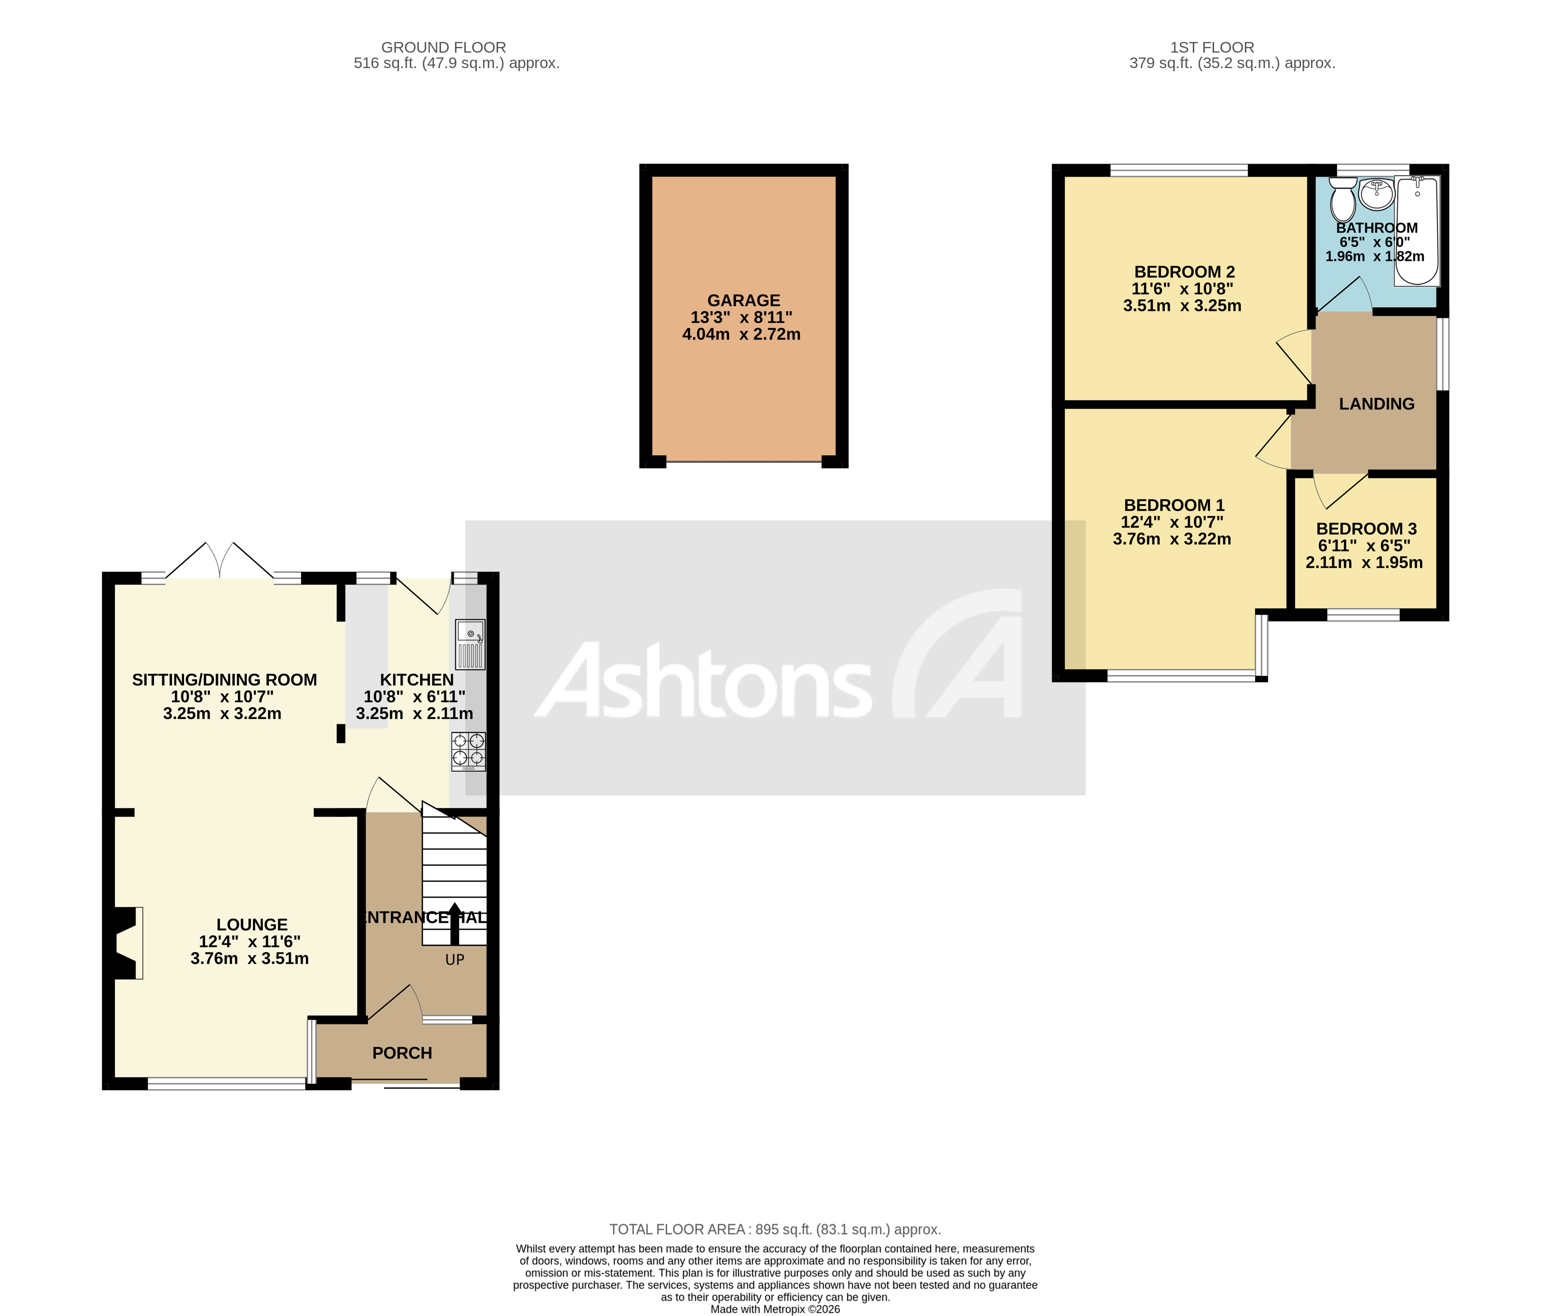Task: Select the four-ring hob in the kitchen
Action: coord(468,751)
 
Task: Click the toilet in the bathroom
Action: coord(1343,199)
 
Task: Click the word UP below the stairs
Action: coord(454,960)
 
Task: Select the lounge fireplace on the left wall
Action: coord(127,942)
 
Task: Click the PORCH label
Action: coord(402,1052)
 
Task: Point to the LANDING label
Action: coord(1376,404)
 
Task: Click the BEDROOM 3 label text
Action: coord(1366,528)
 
